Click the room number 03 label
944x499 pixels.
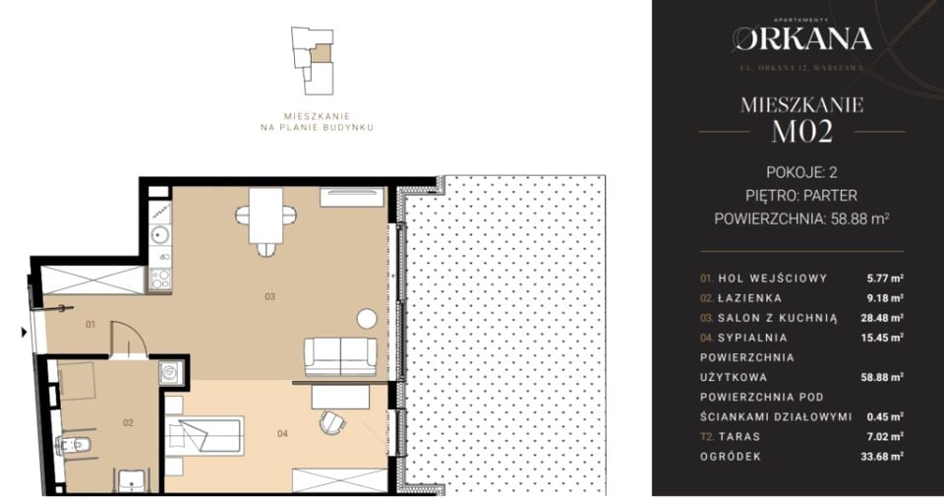point(269,296)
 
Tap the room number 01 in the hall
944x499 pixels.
point(90,325)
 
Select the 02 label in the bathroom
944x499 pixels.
point(128,423)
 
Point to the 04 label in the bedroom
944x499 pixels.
point(282,433)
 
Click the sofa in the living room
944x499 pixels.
point(341,356)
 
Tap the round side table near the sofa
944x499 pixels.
point(367,319)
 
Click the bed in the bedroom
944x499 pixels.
point(205,436)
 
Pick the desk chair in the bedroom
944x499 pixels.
point(332,422)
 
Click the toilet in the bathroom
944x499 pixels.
point(74,446)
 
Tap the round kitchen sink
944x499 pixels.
point(160,234)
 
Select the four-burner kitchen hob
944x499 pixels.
point(160,278)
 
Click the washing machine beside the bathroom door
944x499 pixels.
point(170,372)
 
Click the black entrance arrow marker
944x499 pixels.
point(24,332)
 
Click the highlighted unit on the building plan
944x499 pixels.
point(323,53)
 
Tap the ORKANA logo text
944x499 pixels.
point(802,39)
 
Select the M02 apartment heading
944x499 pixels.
point(802,131)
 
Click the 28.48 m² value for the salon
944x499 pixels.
point(882,318)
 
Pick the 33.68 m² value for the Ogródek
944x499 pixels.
point(882,457)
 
